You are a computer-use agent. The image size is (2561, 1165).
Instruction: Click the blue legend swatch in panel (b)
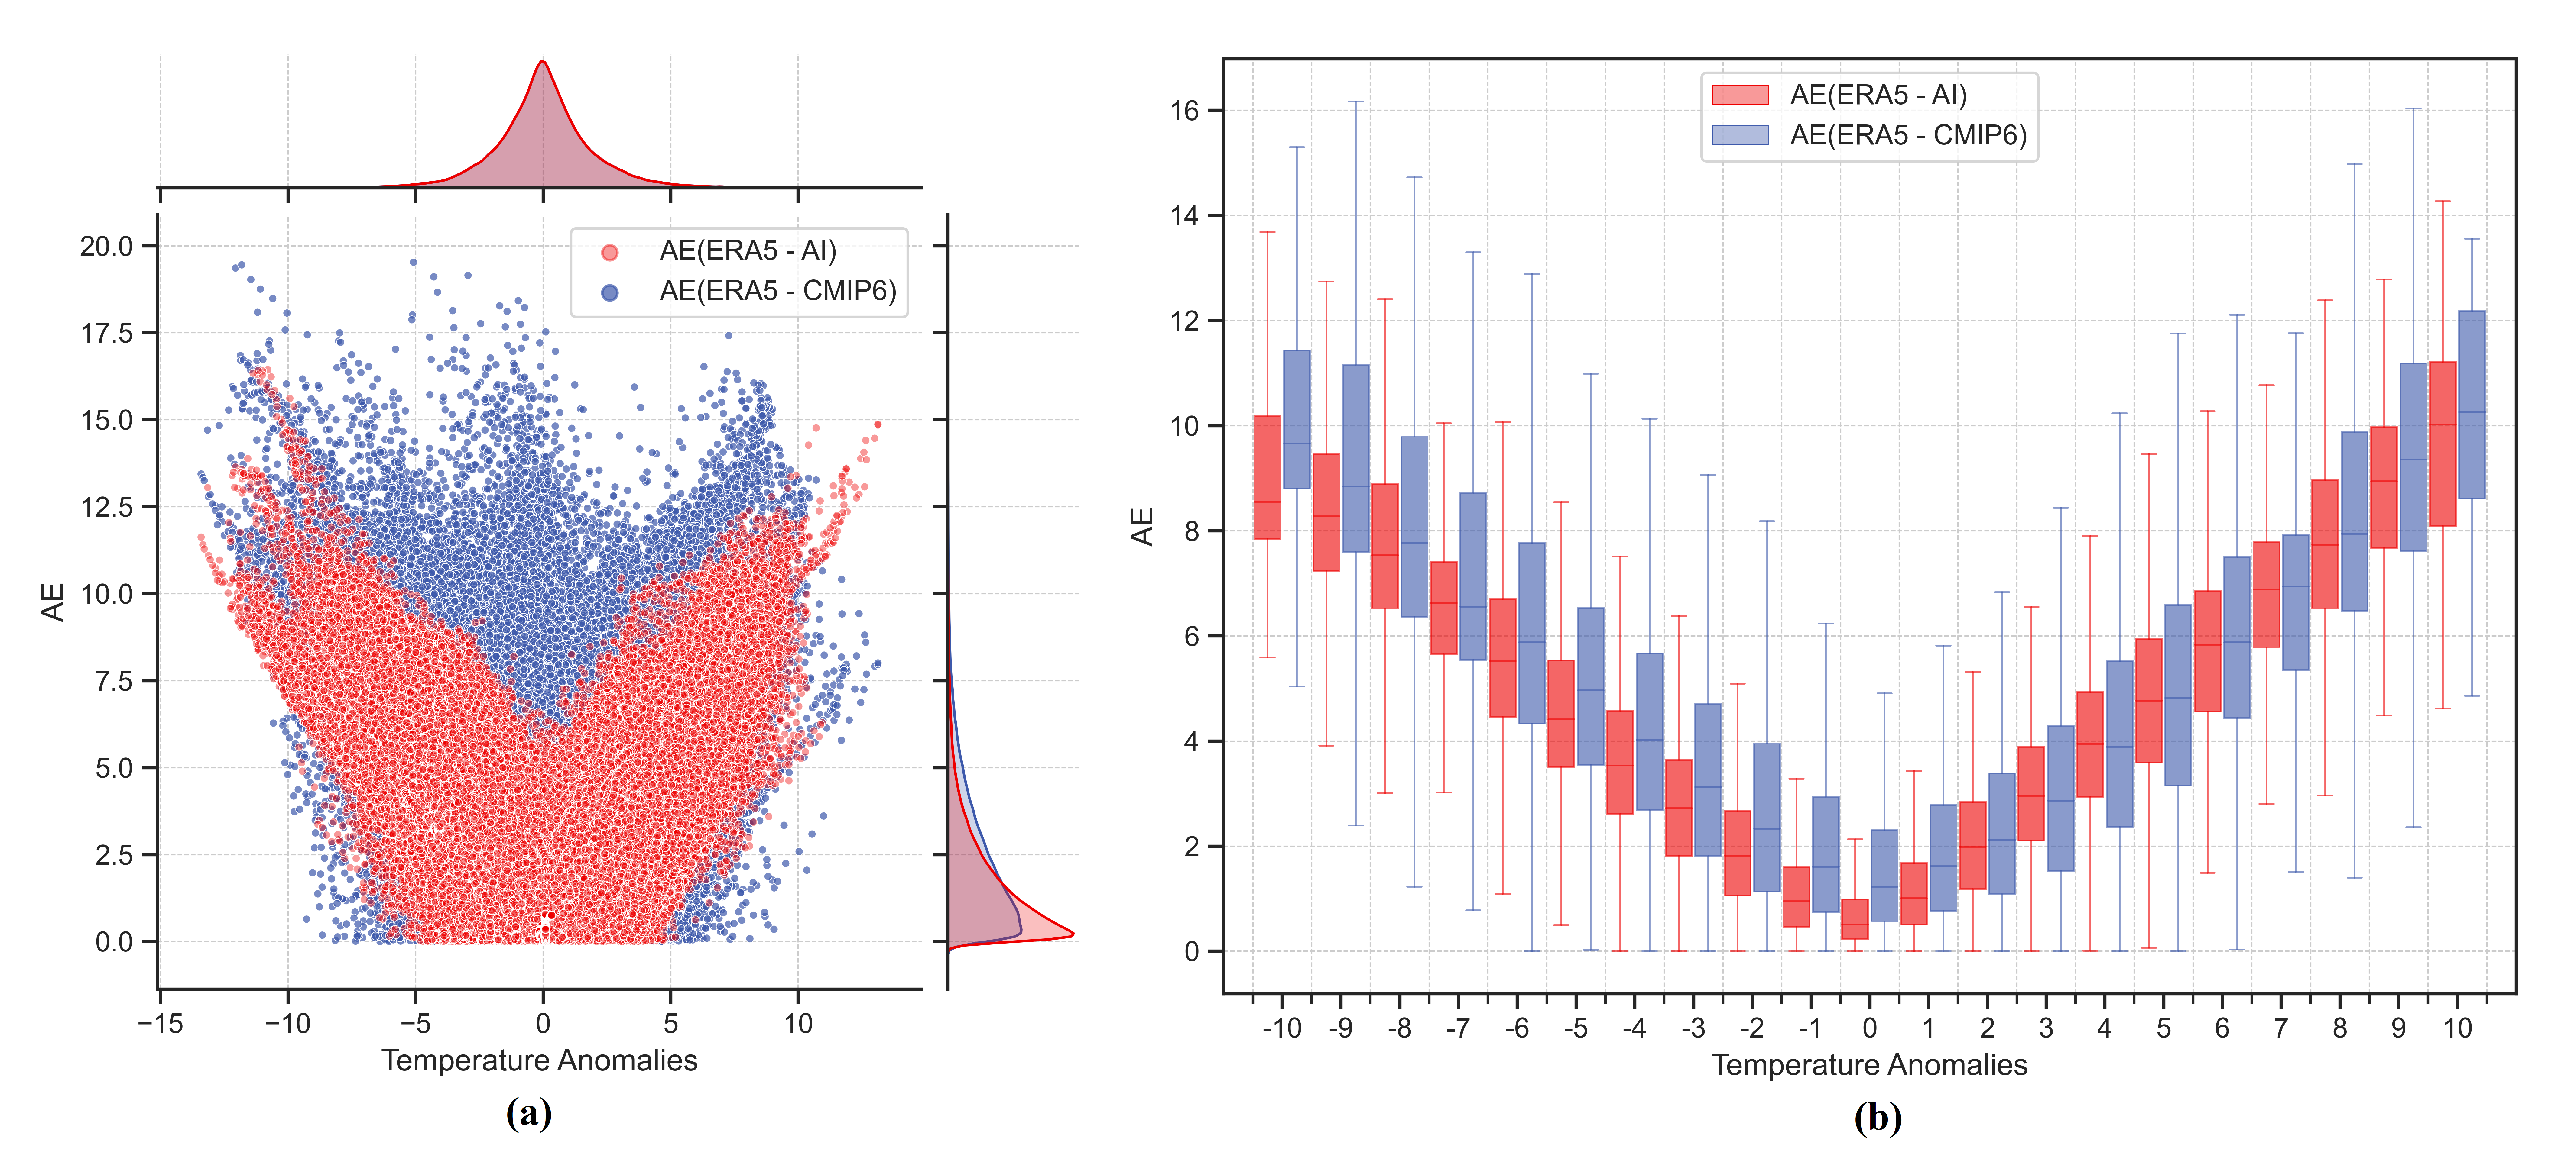[1740, 135]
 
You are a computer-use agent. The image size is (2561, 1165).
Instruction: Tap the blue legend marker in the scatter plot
[609, 292]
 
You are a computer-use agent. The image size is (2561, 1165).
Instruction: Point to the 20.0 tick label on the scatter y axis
[106, 247]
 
